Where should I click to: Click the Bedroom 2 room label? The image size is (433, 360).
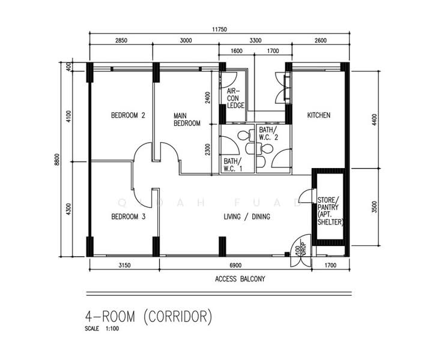128,115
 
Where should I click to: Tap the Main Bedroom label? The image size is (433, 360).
187,119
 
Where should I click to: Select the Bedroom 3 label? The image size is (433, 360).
128,217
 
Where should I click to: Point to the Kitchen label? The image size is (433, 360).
319,115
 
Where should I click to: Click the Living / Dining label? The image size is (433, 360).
247,217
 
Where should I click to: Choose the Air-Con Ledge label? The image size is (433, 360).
235,98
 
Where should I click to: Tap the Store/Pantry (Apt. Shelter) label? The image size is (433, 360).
330,211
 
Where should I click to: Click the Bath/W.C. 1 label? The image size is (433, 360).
233,165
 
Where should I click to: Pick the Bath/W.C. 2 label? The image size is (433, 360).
268,134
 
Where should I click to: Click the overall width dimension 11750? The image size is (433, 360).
219,29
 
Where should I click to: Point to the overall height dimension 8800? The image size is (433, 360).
57,160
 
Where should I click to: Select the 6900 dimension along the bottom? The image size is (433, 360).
235,265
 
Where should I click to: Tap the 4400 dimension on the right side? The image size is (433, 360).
374,120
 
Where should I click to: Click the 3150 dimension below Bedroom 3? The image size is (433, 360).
124,265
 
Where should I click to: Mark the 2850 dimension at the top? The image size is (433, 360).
121,41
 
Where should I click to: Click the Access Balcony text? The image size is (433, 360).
240,279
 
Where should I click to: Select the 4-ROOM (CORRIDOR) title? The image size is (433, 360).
148,316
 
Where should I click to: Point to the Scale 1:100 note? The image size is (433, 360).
102,329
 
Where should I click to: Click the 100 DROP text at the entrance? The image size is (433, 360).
300,251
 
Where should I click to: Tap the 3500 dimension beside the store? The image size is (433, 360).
374,207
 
